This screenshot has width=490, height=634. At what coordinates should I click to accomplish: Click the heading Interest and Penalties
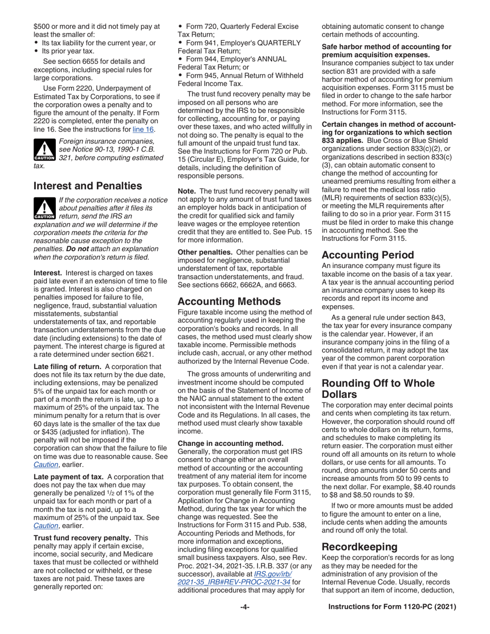tap(87, 186)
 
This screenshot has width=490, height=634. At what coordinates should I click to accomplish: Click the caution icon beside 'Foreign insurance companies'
tap(44, 149)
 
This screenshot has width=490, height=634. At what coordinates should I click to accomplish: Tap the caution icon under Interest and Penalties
tap(44, 208)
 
